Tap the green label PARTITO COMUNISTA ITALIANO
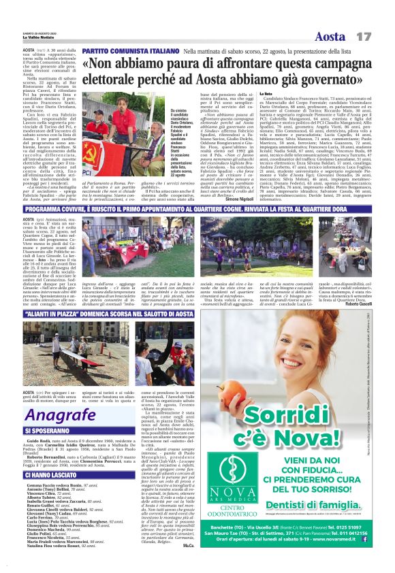(129, 51)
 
